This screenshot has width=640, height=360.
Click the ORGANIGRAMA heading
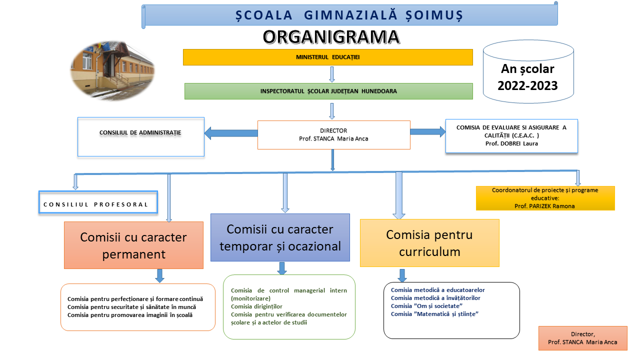pos(331,36)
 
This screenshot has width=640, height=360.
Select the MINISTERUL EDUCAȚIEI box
pos(327,57)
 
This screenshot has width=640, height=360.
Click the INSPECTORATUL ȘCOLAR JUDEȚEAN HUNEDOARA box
pos(328,91)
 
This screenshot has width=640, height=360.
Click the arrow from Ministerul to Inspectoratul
pos(331,74)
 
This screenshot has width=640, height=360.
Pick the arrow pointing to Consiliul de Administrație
pos(230,133)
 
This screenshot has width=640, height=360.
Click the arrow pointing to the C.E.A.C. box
pos(428,131)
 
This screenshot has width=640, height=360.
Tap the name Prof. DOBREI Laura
pos(511,143)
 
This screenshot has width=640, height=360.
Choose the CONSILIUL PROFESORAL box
pos(98,204)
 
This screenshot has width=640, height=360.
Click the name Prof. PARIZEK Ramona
pos(544,206)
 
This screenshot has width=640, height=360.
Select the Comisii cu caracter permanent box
pos(133,245)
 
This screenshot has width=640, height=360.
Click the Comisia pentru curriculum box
pos(429,243)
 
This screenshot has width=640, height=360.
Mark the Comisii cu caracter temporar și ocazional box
pos(279,237)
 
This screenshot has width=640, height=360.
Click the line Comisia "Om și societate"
pos(426,306)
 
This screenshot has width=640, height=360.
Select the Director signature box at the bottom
pos(582,338)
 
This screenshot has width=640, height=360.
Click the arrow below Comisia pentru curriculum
pos(402,275)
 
